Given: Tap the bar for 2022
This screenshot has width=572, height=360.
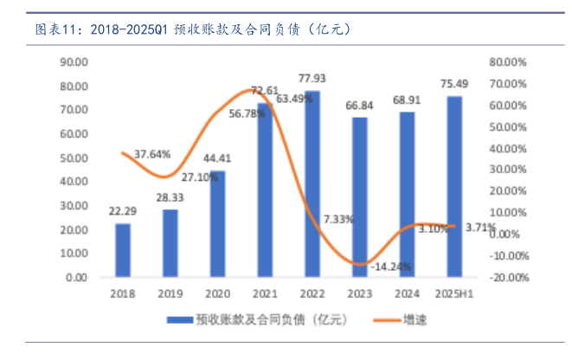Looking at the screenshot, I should point(312,184).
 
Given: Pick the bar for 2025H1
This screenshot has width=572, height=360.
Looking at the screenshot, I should point(454,187).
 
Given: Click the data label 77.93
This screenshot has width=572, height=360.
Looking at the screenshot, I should point(312,78).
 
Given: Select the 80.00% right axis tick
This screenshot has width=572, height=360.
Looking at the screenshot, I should point(507,62).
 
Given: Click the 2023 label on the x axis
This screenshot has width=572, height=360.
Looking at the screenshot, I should point(360,294).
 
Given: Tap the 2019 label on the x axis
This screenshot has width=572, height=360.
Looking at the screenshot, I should point(170,294).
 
